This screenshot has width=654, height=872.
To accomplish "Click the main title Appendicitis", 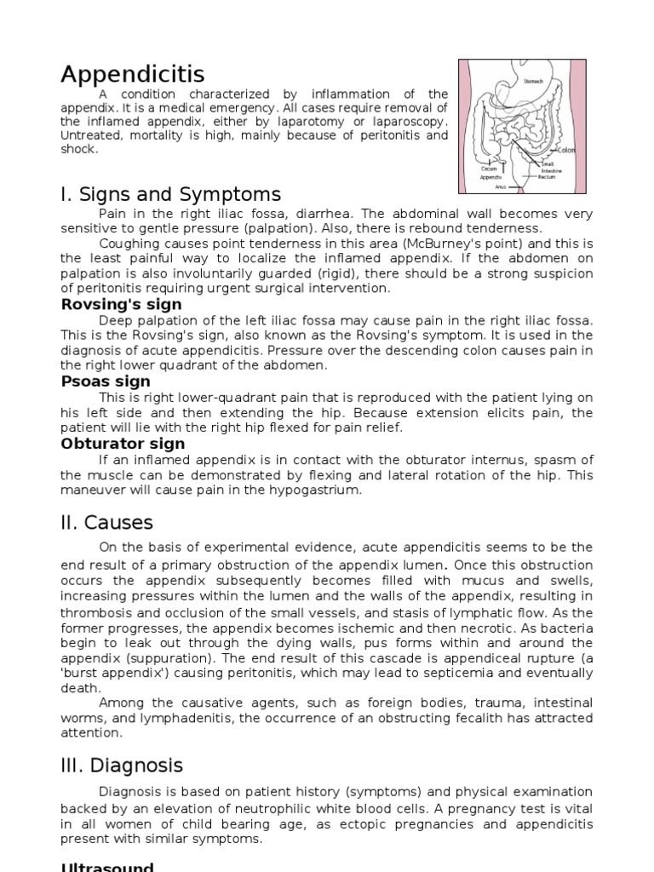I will click(x=132, y=74).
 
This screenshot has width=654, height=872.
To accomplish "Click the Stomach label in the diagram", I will click(x=533, y=82).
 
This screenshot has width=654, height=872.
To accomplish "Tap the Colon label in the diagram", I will click(x=566, y=151).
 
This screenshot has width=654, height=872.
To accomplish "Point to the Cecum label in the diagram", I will click(x=489, y=169).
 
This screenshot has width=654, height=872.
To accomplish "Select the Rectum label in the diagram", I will click(x=547, y=177).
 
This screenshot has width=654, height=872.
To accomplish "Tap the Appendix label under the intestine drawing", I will click(x=490, y=177).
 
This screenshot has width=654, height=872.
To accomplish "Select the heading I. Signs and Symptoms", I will click(x=170, y=195).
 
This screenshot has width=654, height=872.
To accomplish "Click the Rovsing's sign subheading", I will click(x=121, y=304).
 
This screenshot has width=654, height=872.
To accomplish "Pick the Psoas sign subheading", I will click(x=106, y=381).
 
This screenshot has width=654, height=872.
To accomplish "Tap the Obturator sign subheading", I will click(x=123, y=444).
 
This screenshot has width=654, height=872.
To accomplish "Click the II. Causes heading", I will click(x=106, y=522).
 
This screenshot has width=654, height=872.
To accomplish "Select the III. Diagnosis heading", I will click(x=122, y=766).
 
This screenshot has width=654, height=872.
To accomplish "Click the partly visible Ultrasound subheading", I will click(x=107, y=867).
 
